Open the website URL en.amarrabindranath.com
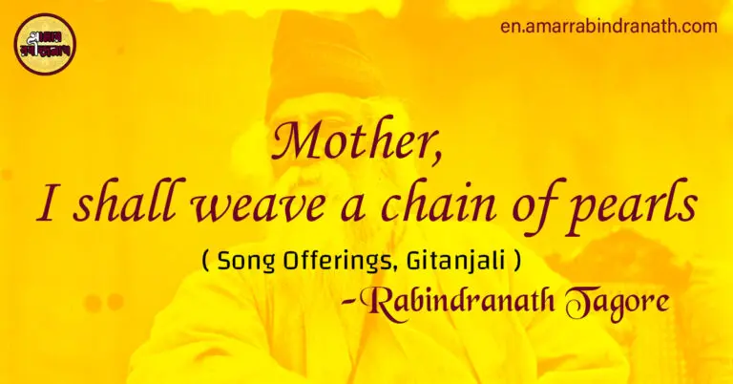coord(608,26)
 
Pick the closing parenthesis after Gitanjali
coord(515,260)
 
